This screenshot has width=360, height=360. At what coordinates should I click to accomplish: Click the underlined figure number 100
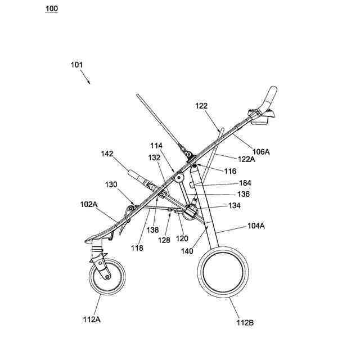click(51, 9)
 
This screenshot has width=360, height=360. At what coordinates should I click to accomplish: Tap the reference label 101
click(76, 65)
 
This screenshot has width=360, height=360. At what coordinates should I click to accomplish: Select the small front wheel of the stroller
click(106, 276)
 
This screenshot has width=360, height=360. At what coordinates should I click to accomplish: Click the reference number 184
click(245, 183)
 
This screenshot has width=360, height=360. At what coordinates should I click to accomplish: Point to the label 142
click(107, 153)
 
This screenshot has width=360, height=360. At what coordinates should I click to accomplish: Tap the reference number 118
click(137, 247)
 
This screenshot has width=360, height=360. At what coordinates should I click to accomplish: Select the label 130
click(111, 184)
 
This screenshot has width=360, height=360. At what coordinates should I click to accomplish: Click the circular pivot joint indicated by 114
click(181, 178)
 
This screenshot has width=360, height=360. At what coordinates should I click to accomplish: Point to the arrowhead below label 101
click(88, 82)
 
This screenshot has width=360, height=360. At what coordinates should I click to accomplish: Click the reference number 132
click(155, 157)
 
